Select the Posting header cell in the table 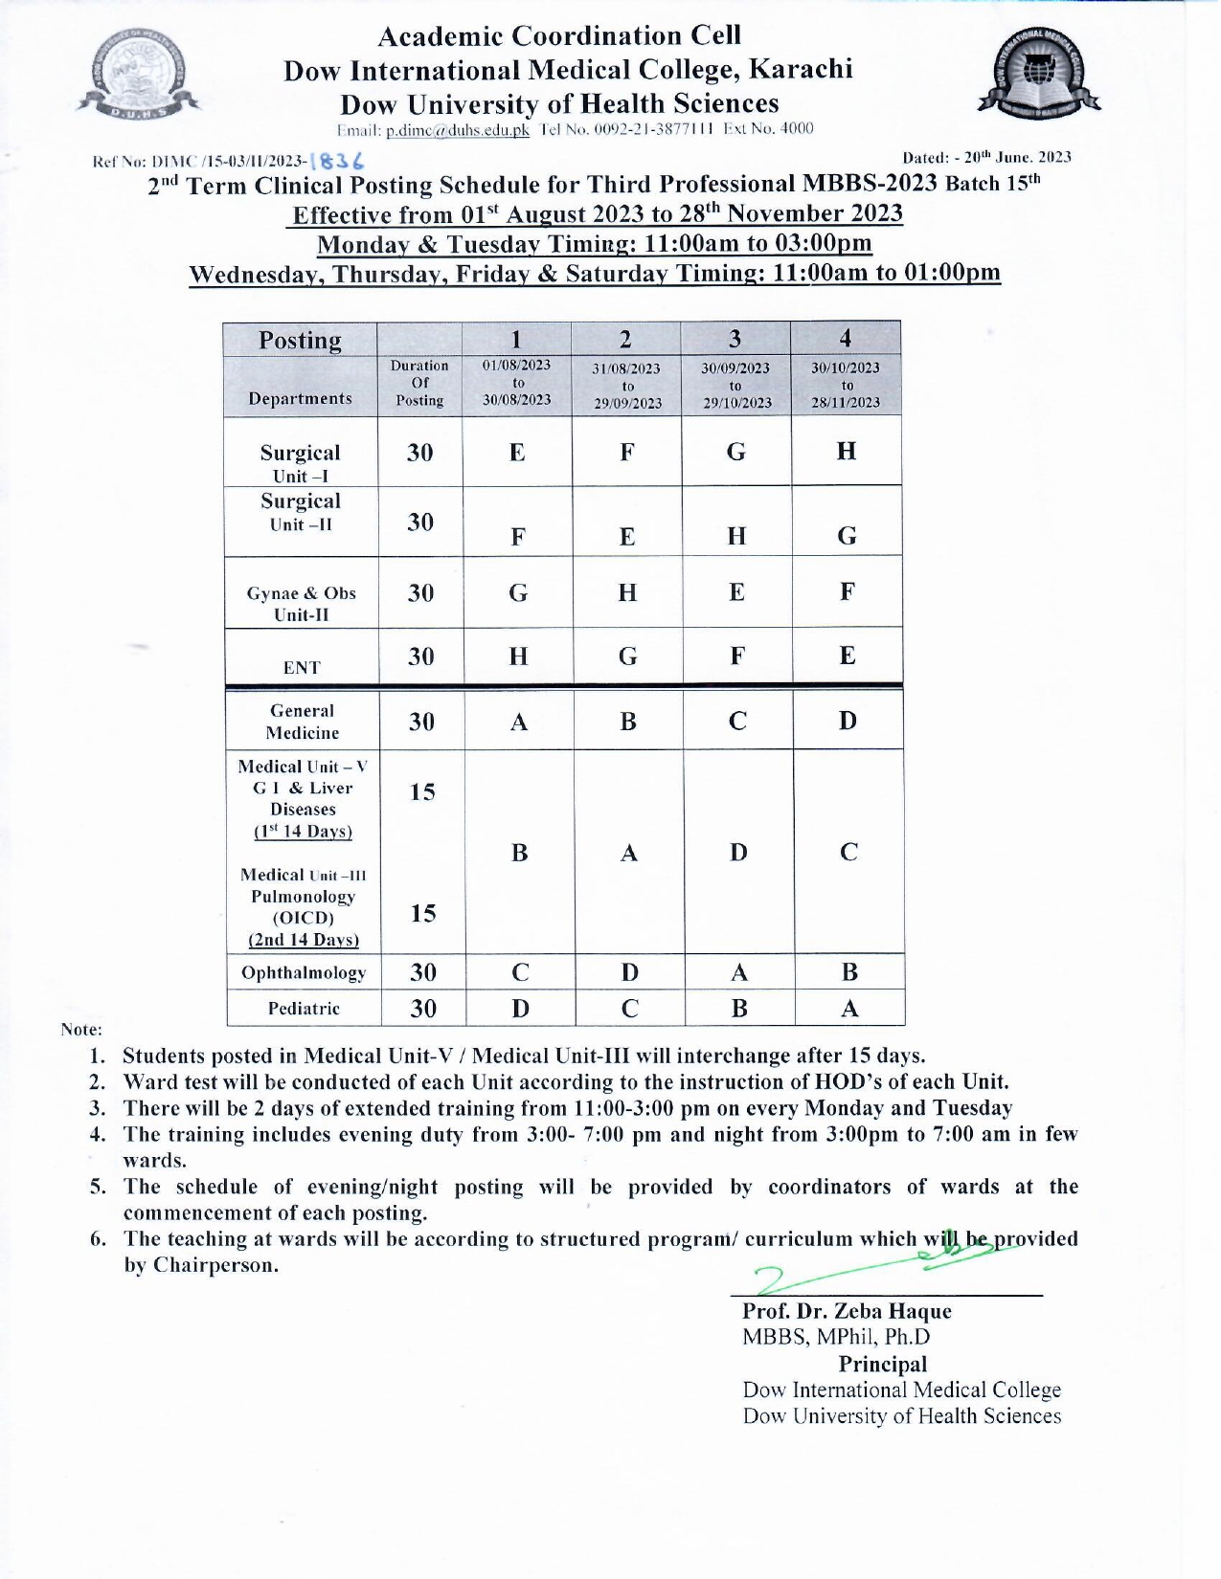(300, 341)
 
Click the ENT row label (302, 667)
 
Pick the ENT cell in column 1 (518, 656)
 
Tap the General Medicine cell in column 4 (848, 721)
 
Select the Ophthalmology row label (304, 973)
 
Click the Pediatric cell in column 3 (738, 1009)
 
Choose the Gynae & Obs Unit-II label (302, 604)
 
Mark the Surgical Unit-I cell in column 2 (627, 452)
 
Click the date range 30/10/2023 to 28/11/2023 (846, 385)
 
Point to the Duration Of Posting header (419, 383)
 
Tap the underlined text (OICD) (304, 919)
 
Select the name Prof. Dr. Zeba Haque (847, 1312)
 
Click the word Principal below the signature (883, 1365)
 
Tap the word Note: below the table (81, 1030)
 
